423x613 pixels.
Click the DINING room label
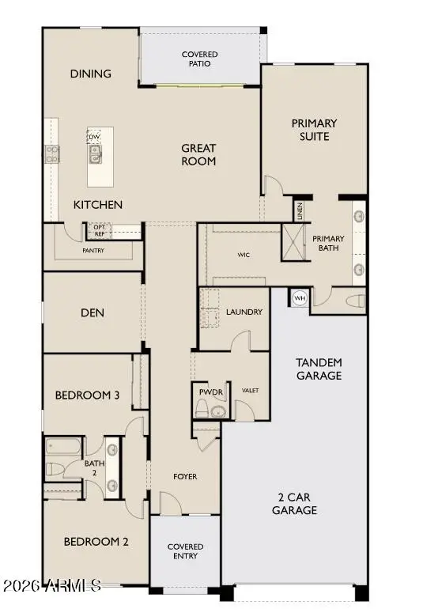pos(91,74)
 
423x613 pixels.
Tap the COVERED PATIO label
pos(199,59)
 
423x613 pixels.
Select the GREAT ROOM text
pos(198,154)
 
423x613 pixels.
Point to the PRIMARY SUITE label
pos(314,130)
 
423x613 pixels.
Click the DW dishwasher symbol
pos(94,135)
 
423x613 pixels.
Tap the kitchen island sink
pos(96,156)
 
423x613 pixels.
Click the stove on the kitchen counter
pos(52,154)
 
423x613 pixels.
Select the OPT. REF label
pos(100,229)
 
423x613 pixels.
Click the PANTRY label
pos(93,251)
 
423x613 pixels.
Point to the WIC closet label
pos(244,255)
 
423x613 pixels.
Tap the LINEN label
pos(300,211)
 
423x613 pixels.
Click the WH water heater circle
pos(300,298)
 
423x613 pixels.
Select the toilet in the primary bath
pos(355,301)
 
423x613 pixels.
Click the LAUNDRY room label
pos(244,312)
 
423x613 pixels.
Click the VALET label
pos(250,390)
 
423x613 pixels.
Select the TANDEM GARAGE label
pos(319,369)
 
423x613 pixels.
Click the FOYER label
pos(185,476)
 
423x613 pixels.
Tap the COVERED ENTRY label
pos(185,551)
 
